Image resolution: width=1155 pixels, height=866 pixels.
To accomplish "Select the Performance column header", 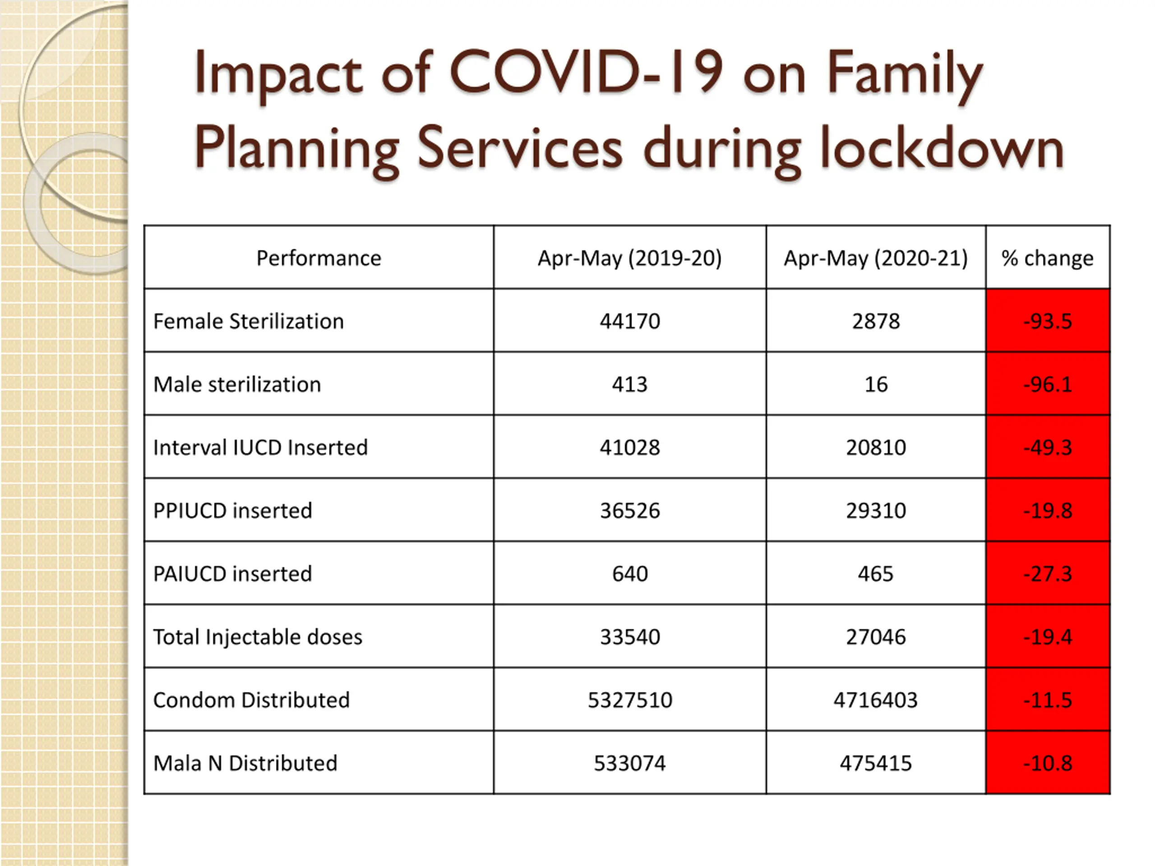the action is (x=319, y=258).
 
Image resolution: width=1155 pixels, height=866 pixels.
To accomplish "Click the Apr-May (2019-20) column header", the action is (x=630, y=258).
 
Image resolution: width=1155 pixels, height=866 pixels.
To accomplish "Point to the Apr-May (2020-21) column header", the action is (x=876, y=258).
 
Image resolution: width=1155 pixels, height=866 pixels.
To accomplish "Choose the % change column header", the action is (x=1048, y=258).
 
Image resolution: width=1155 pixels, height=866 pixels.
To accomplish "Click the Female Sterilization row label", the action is (x=249, y=321).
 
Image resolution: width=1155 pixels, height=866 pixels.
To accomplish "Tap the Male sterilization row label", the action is (x=237, y=384).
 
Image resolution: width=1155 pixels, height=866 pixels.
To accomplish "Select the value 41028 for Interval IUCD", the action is (x=630, y=447).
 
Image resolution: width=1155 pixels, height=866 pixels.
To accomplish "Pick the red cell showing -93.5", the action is (x=1048, y=321).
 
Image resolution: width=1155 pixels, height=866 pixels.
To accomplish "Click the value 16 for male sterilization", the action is (x=876, y=384).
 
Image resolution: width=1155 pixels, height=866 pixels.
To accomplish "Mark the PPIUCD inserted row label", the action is (x=233, y=511).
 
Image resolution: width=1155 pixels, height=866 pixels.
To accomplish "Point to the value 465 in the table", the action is (x=876, y=574).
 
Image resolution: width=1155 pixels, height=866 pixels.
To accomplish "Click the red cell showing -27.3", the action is (x=1048, y=573).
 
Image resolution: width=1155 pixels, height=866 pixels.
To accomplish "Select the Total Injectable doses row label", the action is (x=258, y=637).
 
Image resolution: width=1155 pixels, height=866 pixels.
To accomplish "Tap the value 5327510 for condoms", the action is (x=630, y=700).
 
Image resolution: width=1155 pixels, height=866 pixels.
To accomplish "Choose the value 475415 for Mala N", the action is (x=876, y=763).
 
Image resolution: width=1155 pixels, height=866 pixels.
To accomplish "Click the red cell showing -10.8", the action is (x=1048, y=763).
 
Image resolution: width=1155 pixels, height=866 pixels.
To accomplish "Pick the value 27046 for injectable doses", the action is (x=876, y=637).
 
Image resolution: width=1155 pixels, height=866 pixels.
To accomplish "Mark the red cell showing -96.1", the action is (x=1048, y=384).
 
